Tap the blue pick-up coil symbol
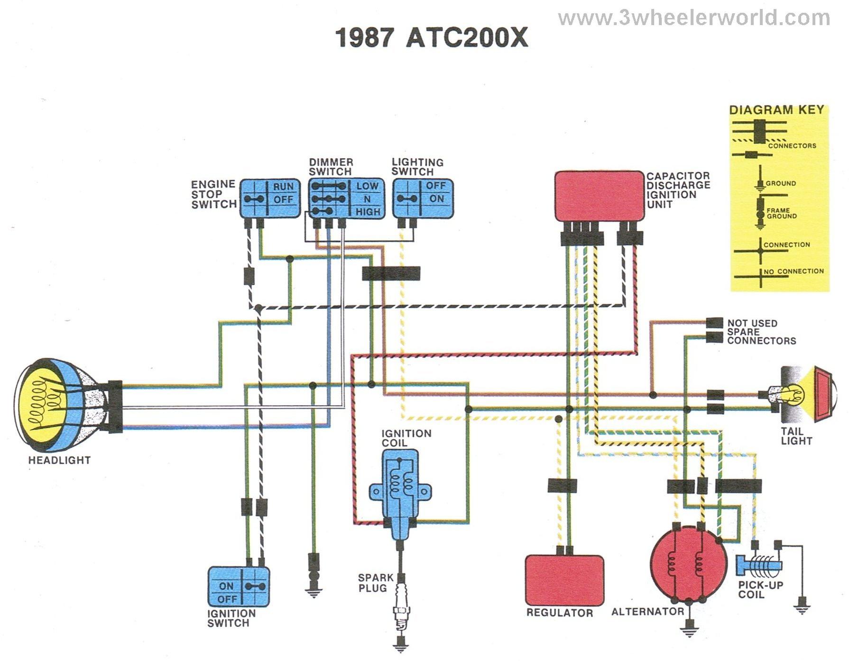(759, 565)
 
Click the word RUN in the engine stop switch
(283, 187)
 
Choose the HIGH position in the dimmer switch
(368, 212)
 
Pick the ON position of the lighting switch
(436, 199)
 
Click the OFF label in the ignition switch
(227, 599)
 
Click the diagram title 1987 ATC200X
(431, 38)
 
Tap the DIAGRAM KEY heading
(776, 110)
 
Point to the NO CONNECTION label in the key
(794, 272)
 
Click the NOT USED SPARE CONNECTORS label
(761, 332)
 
